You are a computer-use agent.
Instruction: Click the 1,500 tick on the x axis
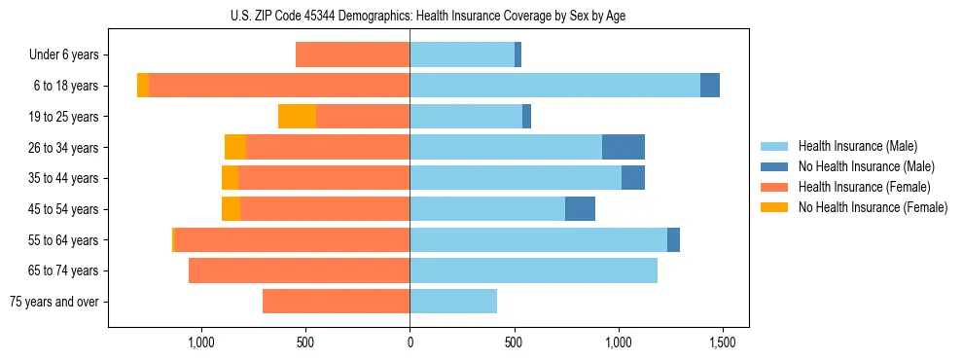[722, 342]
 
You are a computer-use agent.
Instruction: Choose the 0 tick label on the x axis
[410, 342]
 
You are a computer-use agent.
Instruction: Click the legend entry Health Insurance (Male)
[857, 146]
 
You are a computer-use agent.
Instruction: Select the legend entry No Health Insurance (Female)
[873, 207]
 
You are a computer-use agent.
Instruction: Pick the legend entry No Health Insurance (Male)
[866, 166]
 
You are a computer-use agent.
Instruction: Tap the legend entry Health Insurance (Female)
[864, 187]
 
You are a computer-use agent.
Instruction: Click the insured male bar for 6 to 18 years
[554, 86]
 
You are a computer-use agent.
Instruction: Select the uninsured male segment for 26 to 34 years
[624, 147]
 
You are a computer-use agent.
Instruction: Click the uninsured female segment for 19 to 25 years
[297, 117]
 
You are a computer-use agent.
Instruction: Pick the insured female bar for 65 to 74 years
[299, 270]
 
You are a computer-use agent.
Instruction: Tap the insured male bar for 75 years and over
[453, 302]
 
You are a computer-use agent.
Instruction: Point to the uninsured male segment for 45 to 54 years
[580, 209]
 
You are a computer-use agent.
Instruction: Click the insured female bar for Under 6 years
[352, 54]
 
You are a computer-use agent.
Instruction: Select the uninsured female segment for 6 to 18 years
[143, 86]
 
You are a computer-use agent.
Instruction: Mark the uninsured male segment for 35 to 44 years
[633, 178]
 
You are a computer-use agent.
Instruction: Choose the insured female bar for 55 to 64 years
[292, 239]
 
